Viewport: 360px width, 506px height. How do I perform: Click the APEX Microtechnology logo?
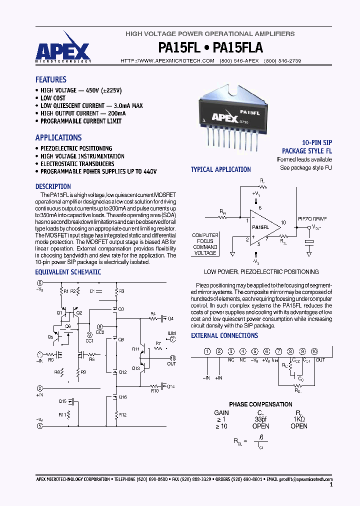[63, 50]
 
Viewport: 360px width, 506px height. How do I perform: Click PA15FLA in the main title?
[238, 48]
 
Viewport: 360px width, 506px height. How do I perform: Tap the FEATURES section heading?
[50, 79]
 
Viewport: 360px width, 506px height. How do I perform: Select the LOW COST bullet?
[52, 98]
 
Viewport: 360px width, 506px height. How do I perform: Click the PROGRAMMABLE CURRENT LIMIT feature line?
[80, 121]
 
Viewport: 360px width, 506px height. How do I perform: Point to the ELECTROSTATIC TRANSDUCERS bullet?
[77, 163]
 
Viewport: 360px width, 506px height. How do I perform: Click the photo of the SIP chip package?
[233, 115]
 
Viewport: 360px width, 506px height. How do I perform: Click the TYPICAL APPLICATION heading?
[220, 169]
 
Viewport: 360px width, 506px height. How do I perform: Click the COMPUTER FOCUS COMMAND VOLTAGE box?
[205, 244]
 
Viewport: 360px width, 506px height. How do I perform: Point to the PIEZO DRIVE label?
[312, 219]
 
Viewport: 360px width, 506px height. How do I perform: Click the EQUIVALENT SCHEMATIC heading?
[68, 272]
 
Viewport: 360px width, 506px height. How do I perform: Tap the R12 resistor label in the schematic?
[123, 414]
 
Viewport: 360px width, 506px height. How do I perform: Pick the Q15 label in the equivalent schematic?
[62, 401]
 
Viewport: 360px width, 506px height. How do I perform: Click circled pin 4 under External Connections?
[242, 351]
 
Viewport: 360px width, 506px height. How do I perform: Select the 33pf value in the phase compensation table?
[261, 418]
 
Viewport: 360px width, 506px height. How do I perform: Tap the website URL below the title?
[167, 60]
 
